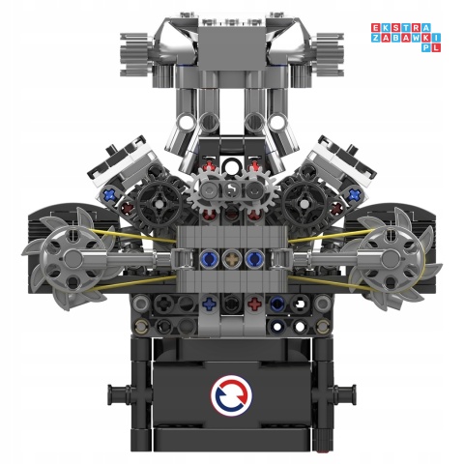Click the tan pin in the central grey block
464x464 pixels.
(232, 258)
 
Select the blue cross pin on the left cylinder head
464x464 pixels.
(113, 193)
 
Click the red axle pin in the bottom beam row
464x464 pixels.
(254, 304)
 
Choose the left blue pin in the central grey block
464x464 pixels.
(211, 258)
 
